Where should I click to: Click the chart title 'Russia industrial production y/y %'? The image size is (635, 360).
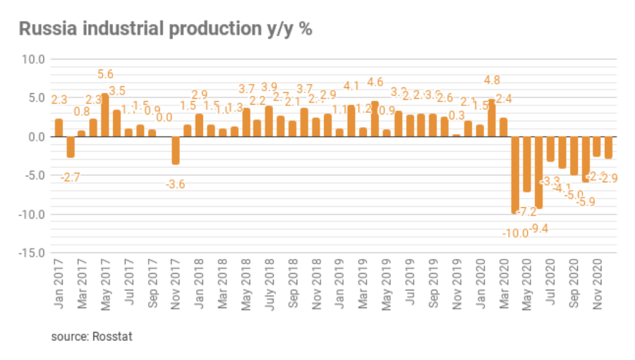point(165,29)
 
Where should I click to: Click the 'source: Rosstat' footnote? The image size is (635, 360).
point(92,336)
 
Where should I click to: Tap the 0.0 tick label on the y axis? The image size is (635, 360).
point(33,137)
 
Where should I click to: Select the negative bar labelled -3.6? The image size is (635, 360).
point(176,150)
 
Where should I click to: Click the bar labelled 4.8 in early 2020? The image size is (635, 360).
point(491,118)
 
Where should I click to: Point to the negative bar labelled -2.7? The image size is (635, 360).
point(70,147)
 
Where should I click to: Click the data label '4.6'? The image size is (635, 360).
point(375,82)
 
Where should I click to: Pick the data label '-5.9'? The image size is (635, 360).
point(586,201)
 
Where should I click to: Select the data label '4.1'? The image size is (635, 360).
point(351,86)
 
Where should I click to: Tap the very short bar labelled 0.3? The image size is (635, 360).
point(456,135)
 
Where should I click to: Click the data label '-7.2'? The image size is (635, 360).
point(526,212)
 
